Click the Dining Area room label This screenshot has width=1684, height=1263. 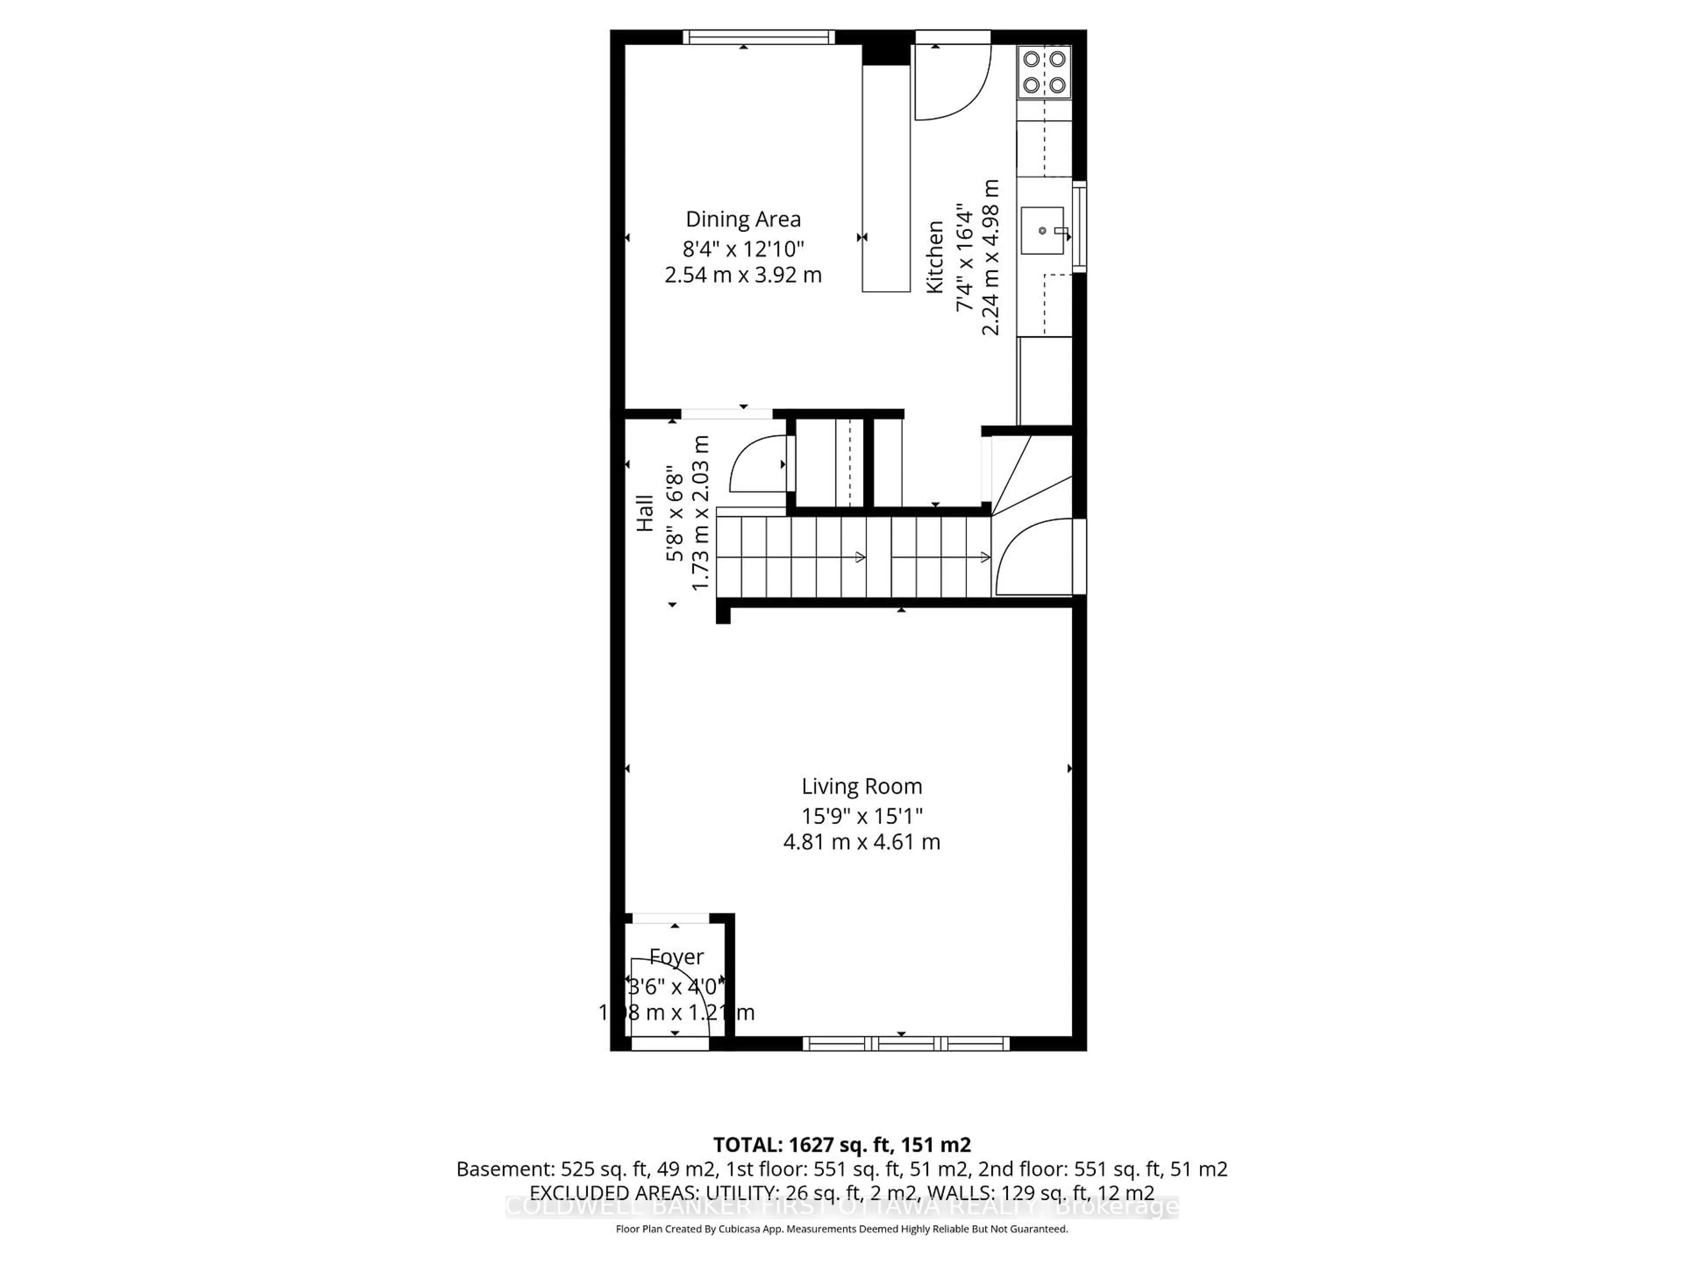point(743,219)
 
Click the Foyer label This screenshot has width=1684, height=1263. point(676,957)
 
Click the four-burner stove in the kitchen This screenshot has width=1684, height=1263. point(1044,71)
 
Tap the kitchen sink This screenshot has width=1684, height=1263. point(1042,230)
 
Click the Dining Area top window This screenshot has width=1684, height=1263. point(758,36)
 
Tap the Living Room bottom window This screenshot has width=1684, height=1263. point(906,1044)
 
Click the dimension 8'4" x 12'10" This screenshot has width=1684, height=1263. point(743,248)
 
